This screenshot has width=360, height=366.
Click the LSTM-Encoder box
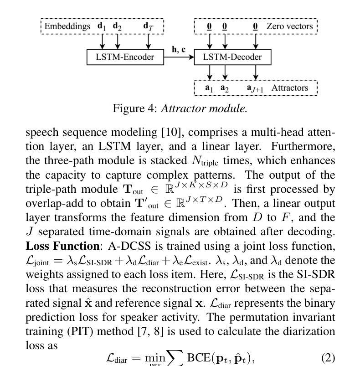[x=125, y=57]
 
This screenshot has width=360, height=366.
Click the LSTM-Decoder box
[x=232, y=57]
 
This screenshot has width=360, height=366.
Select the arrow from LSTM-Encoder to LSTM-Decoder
[x=179, y=57]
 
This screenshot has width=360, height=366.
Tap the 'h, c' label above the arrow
[x=179, y=50]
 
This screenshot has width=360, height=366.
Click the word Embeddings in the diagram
[x=67, y=26]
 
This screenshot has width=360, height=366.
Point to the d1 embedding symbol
[x=102, y=26]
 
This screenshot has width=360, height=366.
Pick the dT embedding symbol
[x=148, y=26]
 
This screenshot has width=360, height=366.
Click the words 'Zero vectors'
[x=289, y=26]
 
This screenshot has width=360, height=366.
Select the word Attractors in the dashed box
[x=290, y=88]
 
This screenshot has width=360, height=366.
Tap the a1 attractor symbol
[x=209, y=88]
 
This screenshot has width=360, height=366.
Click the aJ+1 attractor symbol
[x=255, y=88]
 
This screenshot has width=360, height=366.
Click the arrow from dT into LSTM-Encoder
[x=148, y=41]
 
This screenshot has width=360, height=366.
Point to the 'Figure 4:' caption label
[x=135, y=108]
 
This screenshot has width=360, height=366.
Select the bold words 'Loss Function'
[x=63, y=246]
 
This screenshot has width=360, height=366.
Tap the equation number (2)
[x=328, y=358]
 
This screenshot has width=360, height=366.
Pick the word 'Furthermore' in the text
[x=303, y=147]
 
